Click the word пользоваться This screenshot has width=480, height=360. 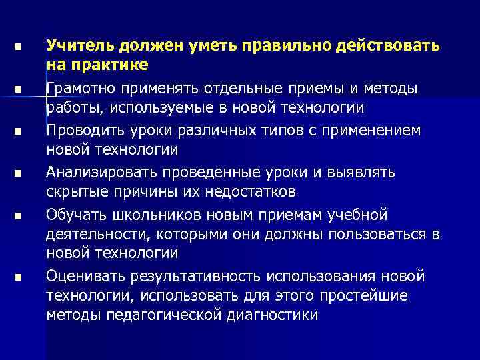tap(378, 234)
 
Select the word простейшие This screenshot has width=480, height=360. tap(365, 295)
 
